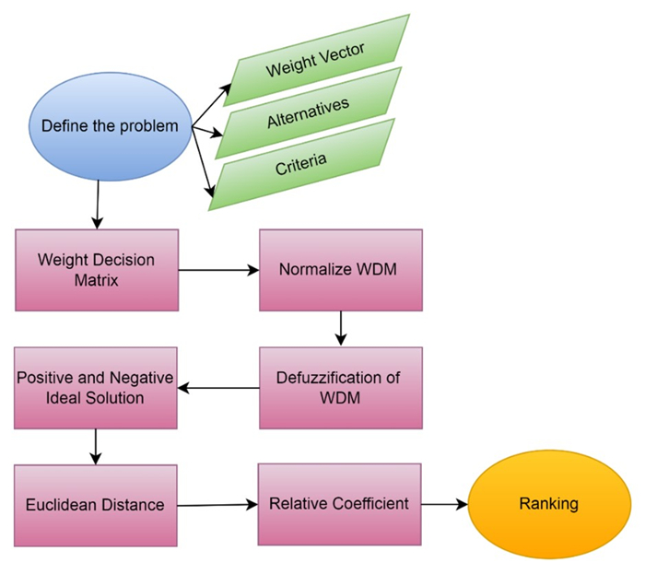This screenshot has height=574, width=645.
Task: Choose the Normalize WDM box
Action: point(341,270)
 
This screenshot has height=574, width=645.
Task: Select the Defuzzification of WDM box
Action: point(341,387)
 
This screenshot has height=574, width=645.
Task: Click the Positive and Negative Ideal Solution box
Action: point(97,387)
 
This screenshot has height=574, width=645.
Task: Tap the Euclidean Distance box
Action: point(97,504)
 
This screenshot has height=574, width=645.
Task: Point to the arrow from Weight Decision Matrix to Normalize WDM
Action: point(217,271)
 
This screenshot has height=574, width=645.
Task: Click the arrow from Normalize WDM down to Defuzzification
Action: point(341,328)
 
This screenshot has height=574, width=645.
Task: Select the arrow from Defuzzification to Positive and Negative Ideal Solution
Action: point(217,388)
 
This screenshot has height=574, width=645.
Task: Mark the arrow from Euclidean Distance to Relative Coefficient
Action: point(217,504)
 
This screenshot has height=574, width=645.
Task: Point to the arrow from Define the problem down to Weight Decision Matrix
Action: point(97,205)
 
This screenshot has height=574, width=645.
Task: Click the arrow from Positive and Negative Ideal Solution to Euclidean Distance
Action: point(97,446)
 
